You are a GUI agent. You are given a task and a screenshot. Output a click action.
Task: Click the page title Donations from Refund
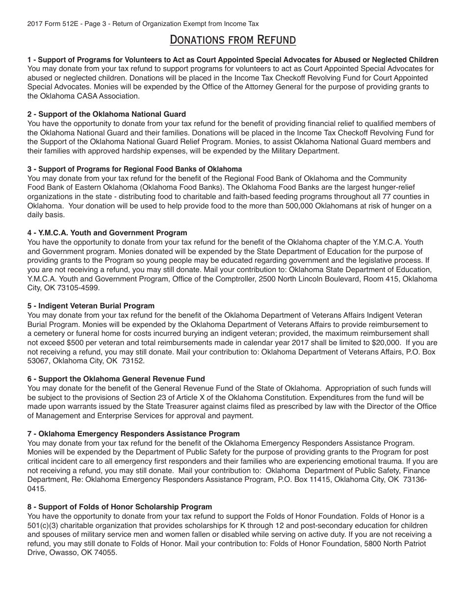(x=233, y=40)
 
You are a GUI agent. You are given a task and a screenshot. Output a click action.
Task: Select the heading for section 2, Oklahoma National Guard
(x=106, y=114)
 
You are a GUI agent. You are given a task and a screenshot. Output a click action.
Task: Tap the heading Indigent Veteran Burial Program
(x=91, y=306)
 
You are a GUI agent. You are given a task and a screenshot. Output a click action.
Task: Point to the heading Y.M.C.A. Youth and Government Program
(x=107, y=233)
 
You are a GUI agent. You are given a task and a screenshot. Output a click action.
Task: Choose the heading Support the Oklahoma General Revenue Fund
(x=116, y=379)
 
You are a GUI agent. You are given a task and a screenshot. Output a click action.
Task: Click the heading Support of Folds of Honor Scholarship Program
(x=120, y=507)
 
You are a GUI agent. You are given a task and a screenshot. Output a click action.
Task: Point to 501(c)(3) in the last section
(x=45, y=525)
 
